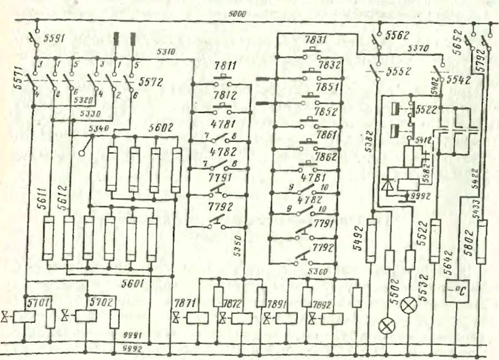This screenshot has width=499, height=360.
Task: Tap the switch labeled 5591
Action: pos(34,40)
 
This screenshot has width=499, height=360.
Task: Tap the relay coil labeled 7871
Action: pos(194,319)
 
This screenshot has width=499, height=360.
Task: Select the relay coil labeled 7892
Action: pos(332,319)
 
